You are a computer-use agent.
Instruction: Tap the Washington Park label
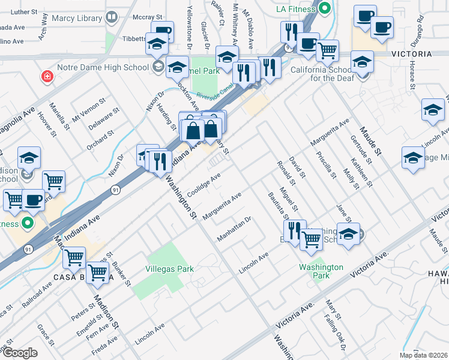click(322, 271)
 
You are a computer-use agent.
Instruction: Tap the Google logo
click(20, 352)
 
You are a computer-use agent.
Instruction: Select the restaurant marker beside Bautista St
click(294, 231)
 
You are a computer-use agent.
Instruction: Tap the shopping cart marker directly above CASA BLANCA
click(74, 258)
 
